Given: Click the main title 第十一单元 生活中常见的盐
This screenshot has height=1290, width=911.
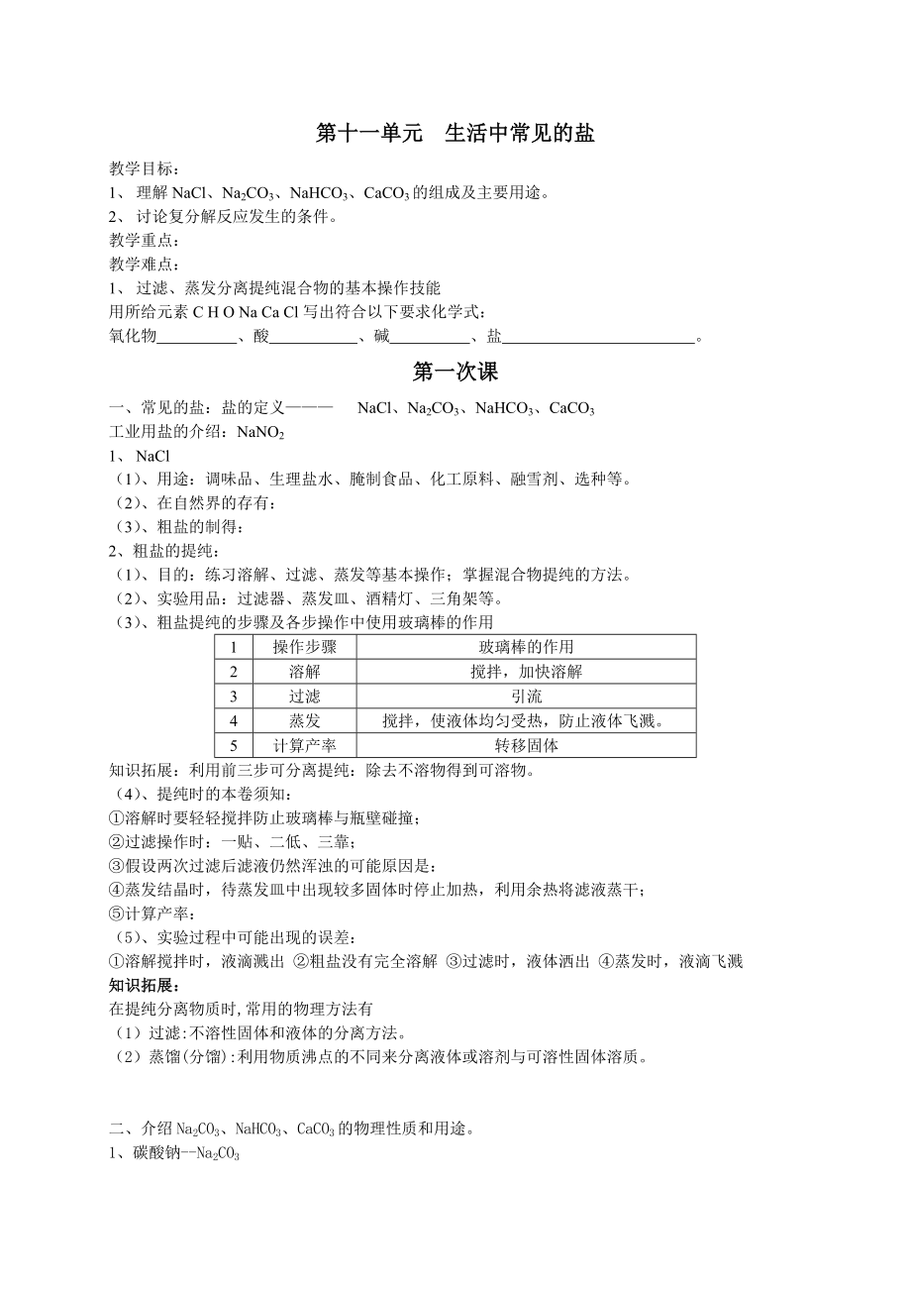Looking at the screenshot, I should pyautogui.click(x=455, y=134).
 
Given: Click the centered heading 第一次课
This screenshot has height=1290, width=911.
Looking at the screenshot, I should pyautogui.click(x=455, y=373).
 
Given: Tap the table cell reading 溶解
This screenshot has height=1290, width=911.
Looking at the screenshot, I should pyautogui.click(x=305, y=672).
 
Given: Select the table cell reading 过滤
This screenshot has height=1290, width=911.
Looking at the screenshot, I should pyautogui.click(x=305, y=697).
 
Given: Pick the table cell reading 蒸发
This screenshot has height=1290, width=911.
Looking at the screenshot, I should pyautogui.click(x=305, y=721).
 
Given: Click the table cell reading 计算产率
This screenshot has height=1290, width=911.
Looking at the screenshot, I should pyautogui.click(x=305, y=746).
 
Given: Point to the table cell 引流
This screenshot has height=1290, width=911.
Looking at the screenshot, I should pyautogui.click(x=526, y=697).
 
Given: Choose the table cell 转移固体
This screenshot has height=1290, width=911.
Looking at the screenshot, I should pyautogui.click(x=526, y=746).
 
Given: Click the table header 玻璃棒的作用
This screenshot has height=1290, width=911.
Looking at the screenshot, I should pyautogui.click(x=526, y=647).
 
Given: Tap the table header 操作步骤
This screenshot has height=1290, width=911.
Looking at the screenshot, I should pyautogui.click(x=305, y=647).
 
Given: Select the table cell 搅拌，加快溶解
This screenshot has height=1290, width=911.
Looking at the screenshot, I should pyautogui.click(x=526, y=672).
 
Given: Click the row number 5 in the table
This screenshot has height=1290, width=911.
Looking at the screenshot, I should pyautogui.click(x=234, y=746).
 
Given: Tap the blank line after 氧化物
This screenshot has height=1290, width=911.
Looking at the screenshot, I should pyautogui.click(x=197, y=337).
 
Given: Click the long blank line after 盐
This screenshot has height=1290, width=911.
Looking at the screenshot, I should pyautogui.click(x=599, y=337).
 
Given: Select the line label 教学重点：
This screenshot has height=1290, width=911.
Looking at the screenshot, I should pyautogui.click(x=145, y=241).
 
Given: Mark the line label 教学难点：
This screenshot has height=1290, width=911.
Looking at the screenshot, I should pyautogui.click(x=145, y=265).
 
